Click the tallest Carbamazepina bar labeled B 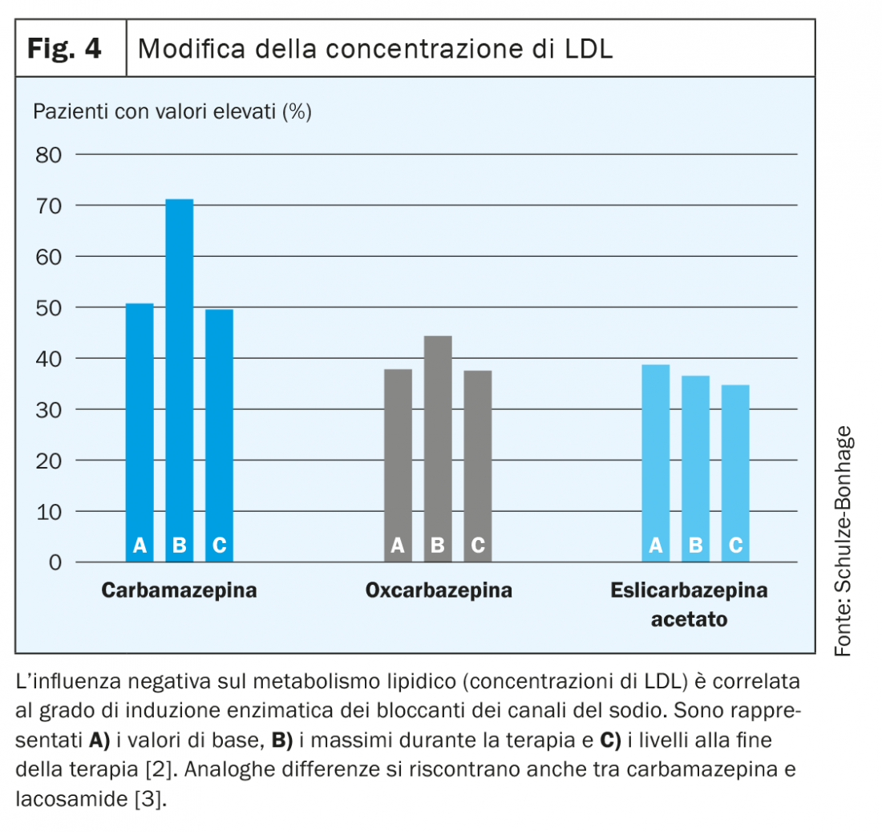point(180,377)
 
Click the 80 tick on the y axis point(48,155)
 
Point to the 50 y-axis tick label point(48,308)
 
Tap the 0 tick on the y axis point(55,562)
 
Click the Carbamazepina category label point(179,592)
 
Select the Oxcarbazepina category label point(438,592)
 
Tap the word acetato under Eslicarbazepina point(689,620)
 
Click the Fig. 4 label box point(71,49)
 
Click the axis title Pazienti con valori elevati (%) point(172,112)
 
